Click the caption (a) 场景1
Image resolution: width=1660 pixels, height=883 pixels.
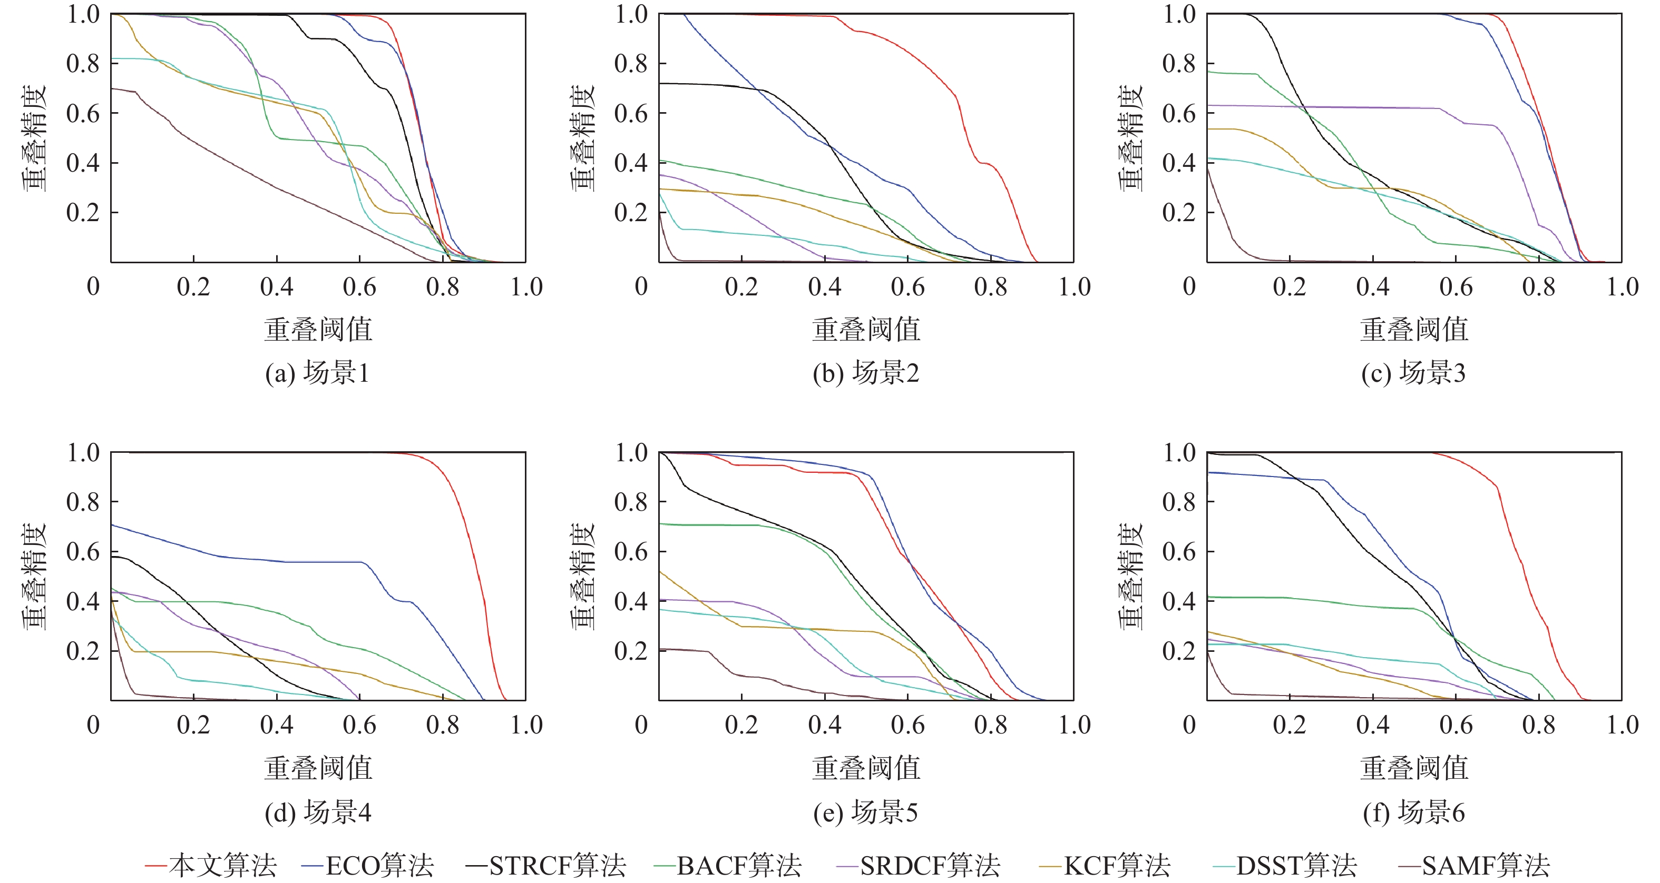317,373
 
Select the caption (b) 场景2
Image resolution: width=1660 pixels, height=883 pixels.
865,373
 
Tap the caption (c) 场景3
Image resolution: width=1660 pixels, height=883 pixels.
1413,373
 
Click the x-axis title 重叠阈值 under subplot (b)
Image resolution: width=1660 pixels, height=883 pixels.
866,329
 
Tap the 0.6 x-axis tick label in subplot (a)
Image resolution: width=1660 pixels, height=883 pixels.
359,286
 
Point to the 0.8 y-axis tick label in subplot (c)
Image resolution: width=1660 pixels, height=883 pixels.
1179,64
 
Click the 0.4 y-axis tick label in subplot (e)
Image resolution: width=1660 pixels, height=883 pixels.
631,601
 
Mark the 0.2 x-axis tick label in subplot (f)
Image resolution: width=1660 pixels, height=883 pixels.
1290,725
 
